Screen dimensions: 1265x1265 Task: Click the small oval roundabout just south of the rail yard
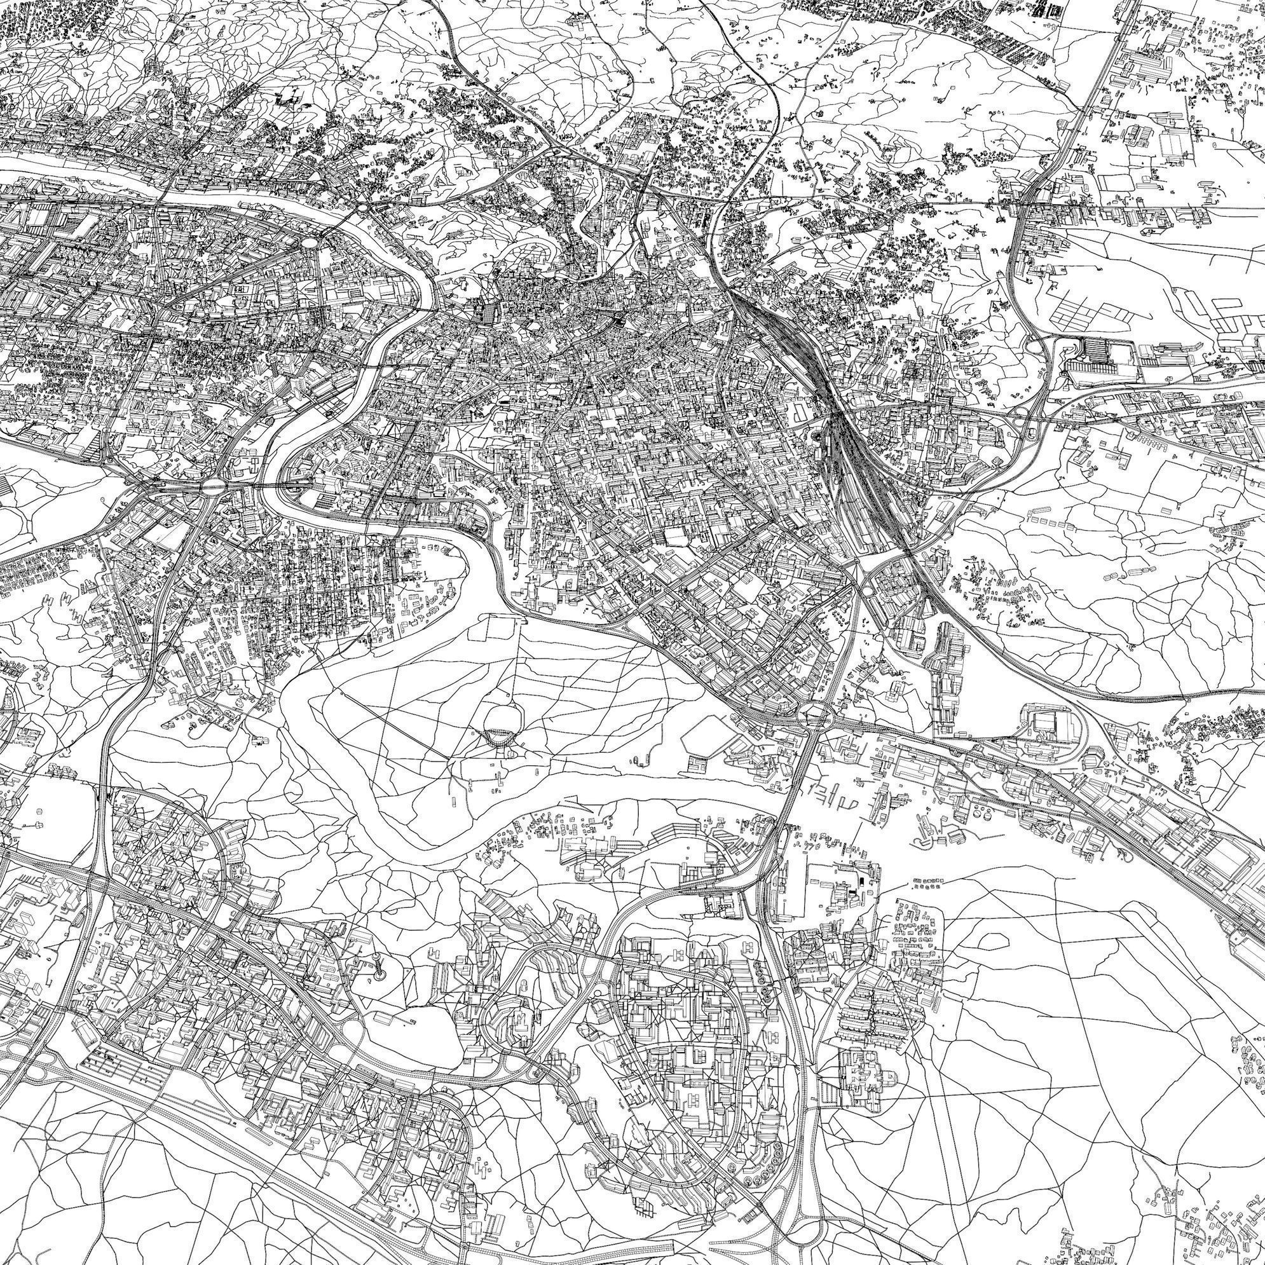[866, 589]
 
